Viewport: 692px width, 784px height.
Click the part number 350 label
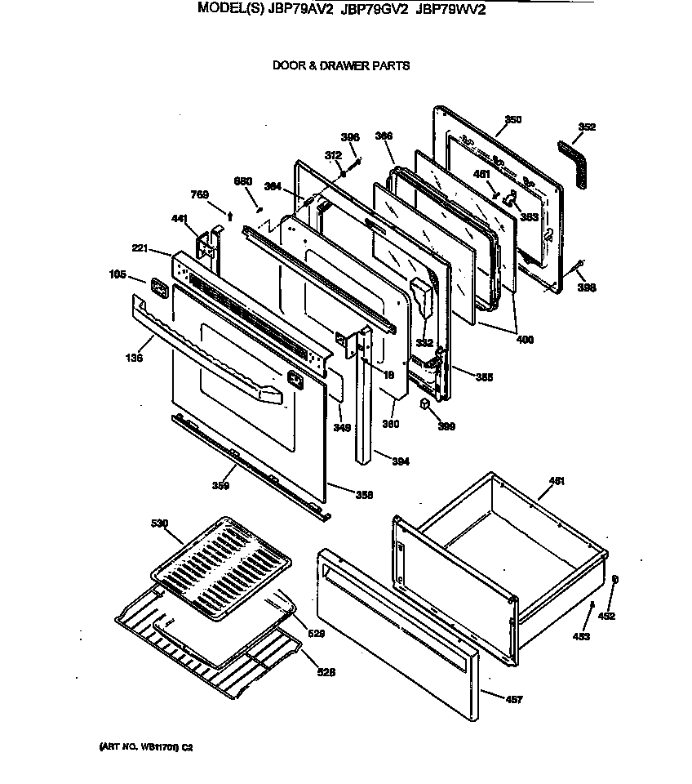pyautogui.click(x=512, y=120)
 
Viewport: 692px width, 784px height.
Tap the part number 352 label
pyautogui.click(x=587, y=127)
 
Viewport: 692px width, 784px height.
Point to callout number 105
pyautogui.click(x=118, y=275)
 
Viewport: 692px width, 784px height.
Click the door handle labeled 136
pyautogui.click(x=204, y=351)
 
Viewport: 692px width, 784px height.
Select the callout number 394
pyautogui.click(x=400, y=461)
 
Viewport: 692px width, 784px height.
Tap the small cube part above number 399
pyautogui.click(x=426, y=405)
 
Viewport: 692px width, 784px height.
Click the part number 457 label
pyautogui.click(x=514, y=699)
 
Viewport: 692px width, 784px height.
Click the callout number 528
pyautogui.click(x=326, y=672)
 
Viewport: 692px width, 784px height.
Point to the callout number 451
pyautogui.click(x=557, y=481)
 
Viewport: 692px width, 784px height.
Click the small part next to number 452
pyautogui.click(x=614, y=579)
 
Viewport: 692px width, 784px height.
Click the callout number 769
pyautogui.click(x=200, y=194)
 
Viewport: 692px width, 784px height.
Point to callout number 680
pyautogui.click(x=243, y=181)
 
